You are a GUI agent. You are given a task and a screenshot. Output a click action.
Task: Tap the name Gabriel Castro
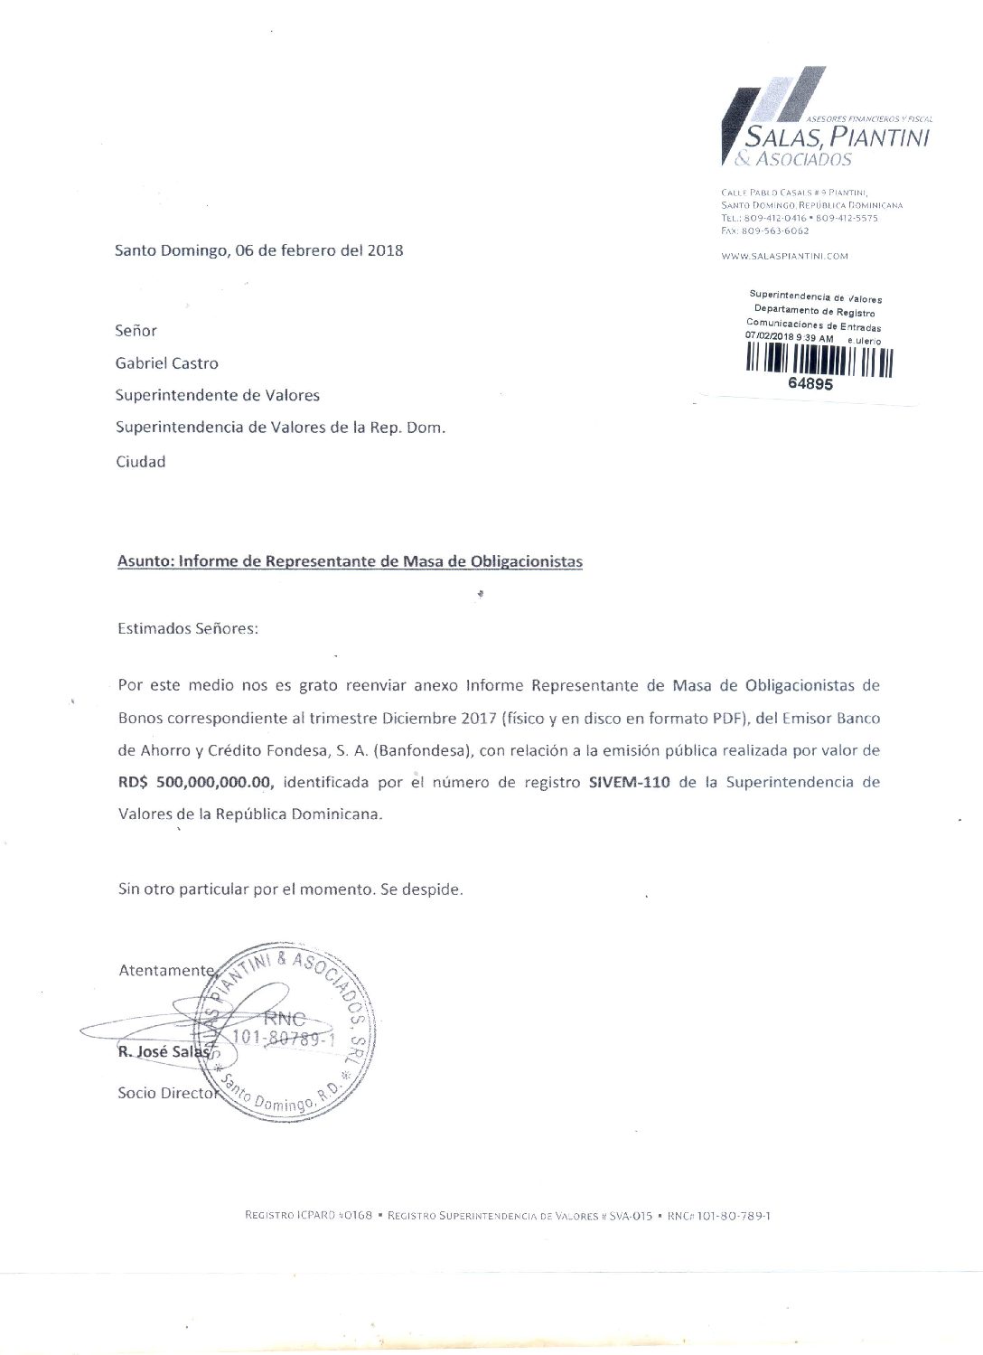tap(167, 363)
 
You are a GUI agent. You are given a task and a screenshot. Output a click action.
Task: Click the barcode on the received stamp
tap(819, 362)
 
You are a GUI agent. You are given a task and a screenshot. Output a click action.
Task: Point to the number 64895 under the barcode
tap(810, 383)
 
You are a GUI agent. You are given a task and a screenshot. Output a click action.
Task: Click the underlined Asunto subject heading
tap(350, 561)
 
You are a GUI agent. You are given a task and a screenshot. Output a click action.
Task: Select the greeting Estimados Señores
tap(188, 628)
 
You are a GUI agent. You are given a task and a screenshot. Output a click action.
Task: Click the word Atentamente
tap(166, 970)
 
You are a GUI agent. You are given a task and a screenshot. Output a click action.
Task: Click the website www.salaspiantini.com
tap(784, 256)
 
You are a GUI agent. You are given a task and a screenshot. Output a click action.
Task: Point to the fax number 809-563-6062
tap(775, 231)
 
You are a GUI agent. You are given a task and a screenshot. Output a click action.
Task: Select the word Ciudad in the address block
tap(141, 462)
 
